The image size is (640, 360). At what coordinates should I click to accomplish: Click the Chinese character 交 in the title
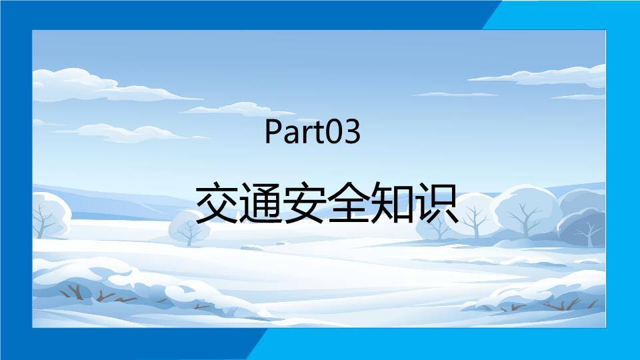pos(217,203)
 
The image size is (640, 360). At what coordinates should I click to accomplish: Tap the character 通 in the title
pos(261,203)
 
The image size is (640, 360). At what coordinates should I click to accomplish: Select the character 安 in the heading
pos(305,203)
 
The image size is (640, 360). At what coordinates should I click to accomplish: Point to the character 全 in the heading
pos(349,203)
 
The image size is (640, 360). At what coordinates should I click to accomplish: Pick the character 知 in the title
pos(393,203)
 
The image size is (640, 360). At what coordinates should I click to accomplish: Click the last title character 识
pos(437,203)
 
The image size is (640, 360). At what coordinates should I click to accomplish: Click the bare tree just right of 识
pos(474,220)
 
